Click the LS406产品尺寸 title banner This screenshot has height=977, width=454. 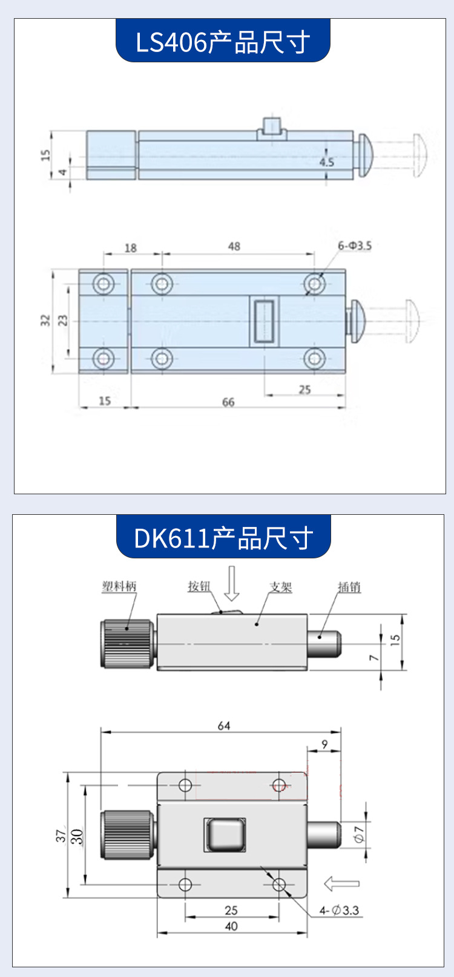pyautogui.click(x=223, y=41)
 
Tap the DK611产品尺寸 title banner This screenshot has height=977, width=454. pyautogui.click(x=223, y=537)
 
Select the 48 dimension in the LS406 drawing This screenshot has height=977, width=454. pyautogui.click(x=234, y=246)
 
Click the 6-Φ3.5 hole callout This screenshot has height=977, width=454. pyautogui.click(x=355, y=246)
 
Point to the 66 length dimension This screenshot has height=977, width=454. pyautogui.click(x=228, y=402)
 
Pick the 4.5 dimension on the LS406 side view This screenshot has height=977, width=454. pyautogui.click(x=326, y=162)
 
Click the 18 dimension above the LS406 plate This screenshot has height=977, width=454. pyautogui.click(x=131, y=248)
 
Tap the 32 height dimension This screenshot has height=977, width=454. pyautogui.click(x=45, y=320)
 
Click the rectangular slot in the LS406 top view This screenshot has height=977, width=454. pyautogui.click(x=264, y=321)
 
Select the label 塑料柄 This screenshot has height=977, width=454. pyautogui.click(x=119, y=587)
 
